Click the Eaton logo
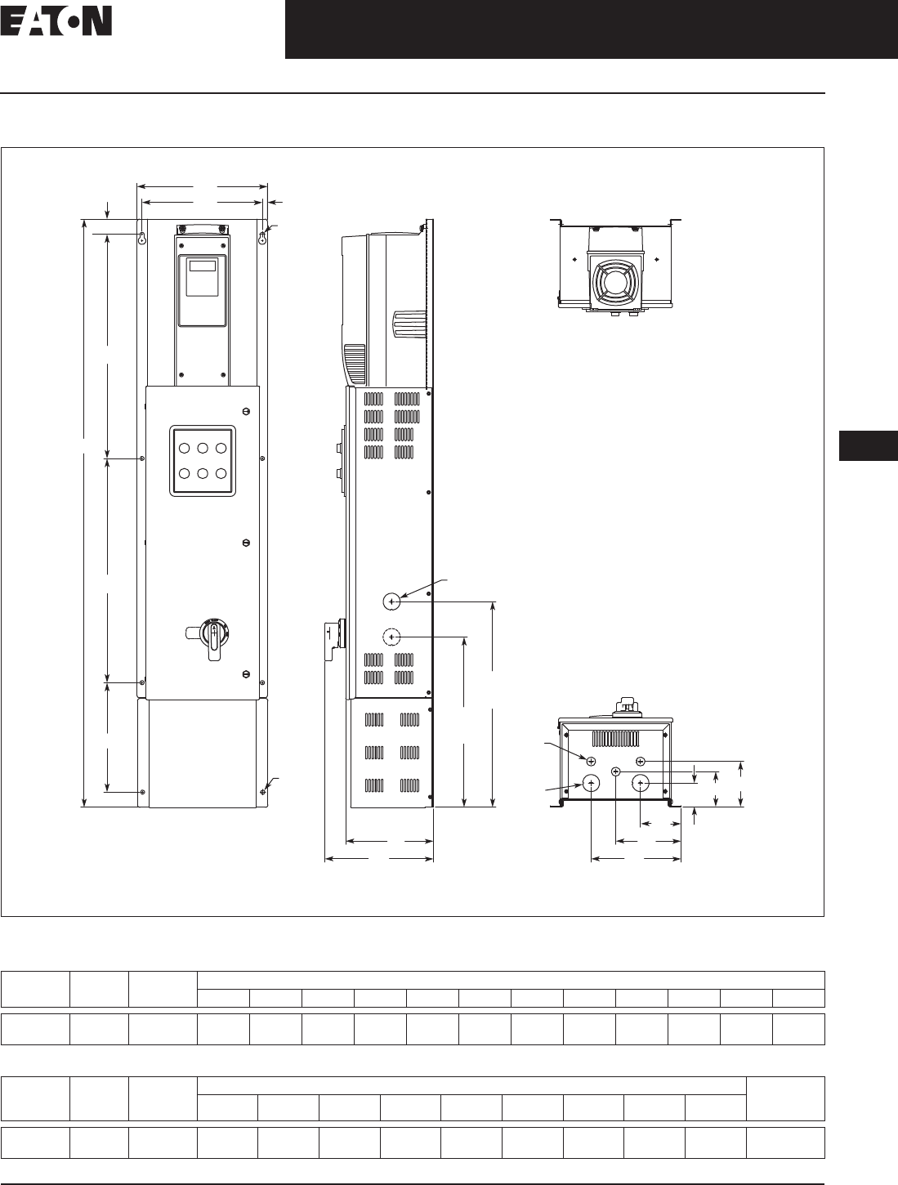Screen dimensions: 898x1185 (56, 21)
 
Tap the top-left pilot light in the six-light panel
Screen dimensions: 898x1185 (184, 448)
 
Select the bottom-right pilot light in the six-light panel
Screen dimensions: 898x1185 (221, 473)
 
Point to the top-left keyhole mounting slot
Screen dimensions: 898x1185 (142, 238)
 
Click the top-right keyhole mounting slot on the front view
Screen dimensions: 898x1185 (262, 238)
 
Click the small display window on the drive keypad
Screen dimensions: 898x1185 (203, 265)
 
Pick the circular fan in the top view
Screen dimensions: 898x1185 (614, 282)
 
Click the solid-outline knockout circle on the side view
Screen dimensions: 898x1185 (391, 601)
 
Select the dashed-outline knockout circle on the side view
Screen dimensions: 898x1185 (391, 637)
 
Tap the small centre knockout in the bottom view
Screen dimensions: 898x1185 (616, 772)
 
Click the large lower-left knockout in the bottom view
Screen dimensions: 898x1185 (592, 784)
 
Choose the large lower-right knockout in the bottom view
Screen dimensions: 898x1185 (640, 784)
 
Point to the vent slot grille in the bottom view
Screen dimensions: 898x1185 (615, 739)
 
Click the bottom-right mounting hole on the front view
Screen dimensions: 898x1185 (263, 792)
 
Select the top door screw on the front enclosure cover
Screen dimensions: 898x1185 (247, 411)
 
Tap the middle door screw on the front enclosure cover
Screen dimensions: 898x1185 (247, 543)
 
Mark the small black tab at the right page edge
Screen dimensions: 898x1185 (869, 445)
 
